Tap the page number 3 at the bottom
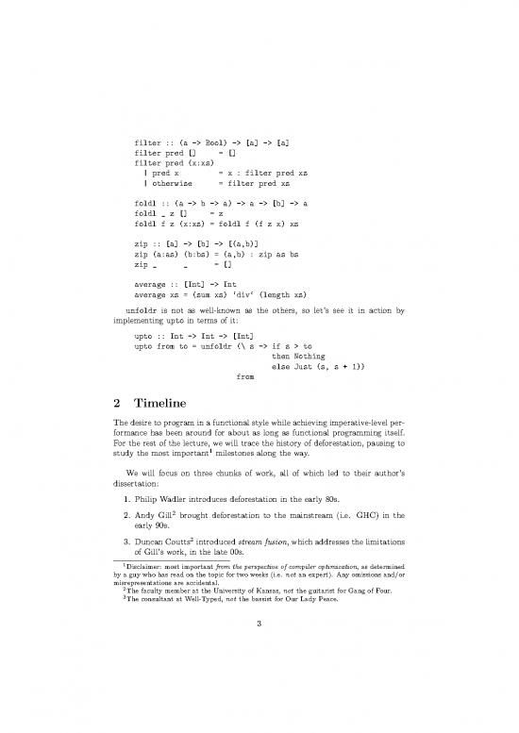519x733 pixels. pos(259,676)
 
